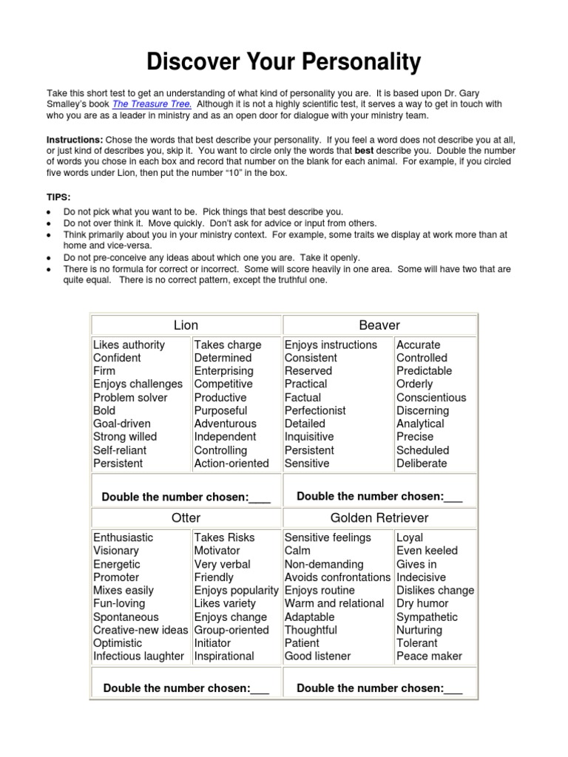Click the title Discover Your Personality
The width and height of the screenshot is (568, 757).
pos(284,61)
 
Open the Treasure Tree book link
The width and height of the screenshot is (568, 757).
pos(152,105)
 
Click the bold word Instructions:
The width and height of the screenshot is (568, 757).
pos(75,140)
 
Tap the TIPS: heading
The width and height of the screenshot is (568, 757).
pos(58,197)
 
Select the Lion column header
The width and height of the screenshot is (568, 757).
pos(186,325)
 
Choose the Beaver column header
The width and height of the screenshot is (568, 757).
pos(379,325)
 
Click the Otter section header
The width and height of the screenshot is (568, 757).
pos(186,517)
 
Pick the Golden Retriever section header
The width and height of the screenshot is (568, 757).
pos(379,517)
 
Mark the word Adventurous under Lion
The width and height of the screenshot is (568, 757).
pos(225,424)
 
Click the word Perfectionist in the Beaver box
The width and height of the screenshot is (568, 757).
pos(315,410)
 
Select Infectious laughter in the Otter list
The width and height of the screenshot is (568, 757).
pos(138,656)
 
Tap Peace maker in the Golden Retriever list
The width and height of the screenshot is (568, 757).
pos(429,656)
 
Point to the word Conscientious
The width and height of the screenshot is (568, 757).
pos(431,397)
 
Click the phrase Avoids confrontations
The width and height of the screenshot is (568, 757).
pos(337,577)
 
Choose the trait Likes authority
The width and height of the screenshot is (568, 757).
pos(129,344)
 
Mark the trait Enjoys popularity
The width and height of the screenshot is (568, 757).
pos(236,590)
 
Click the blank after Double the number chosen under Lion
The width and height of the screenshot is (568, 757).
pos(260,498)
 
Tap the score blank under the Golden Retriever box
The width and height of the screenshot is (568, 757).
pos(453,689)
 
